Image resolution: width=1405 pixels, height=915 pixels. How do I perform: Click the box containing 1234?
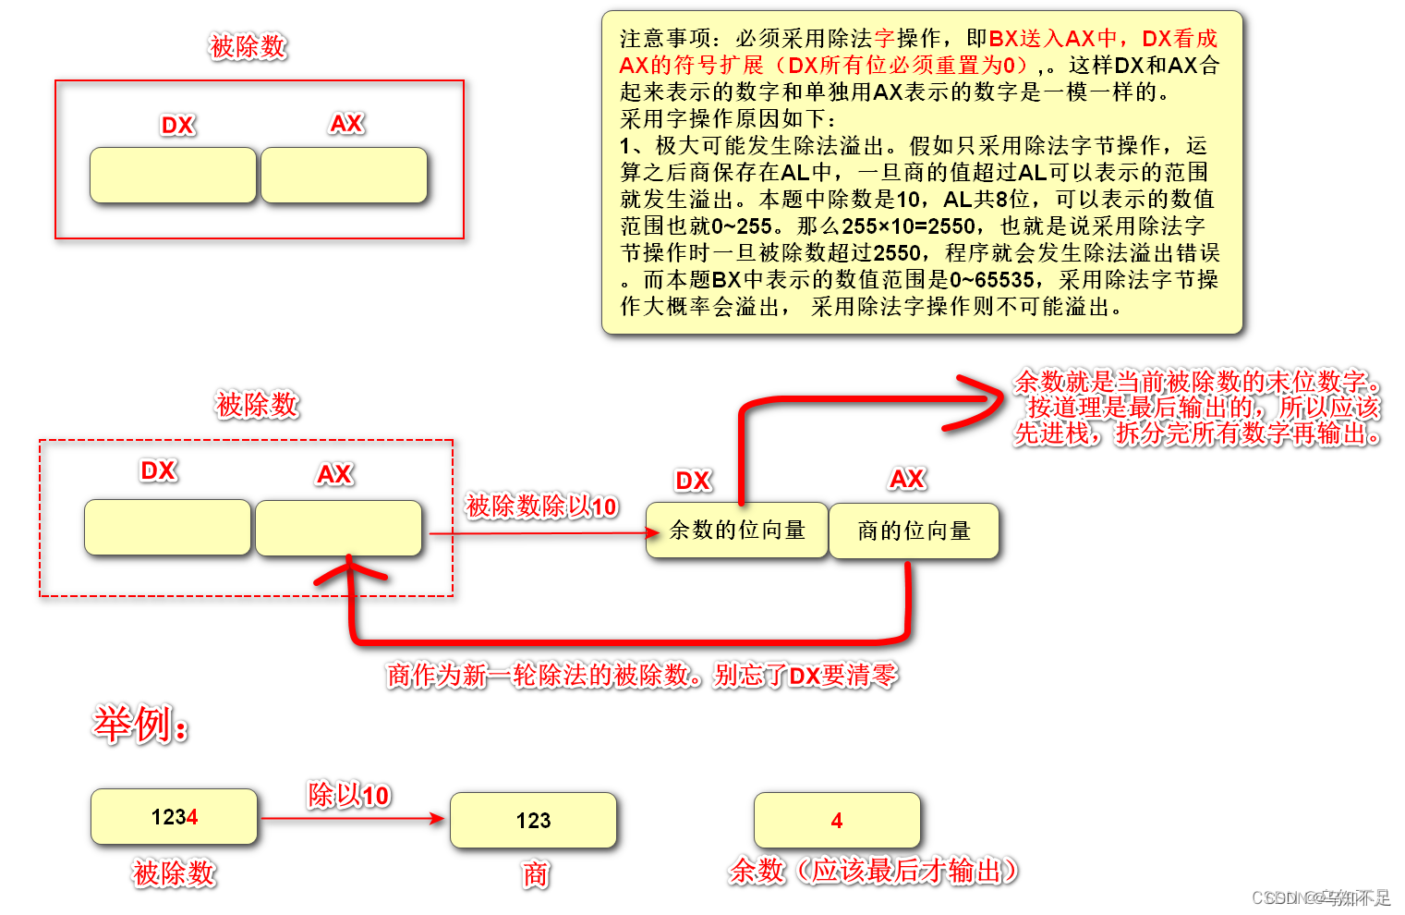point(174,816)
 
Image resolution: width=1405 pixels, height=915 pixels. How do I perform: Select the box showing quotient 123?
point(533,820)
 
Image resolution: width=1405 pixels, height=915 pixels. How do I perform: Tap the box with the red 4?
point(837,820)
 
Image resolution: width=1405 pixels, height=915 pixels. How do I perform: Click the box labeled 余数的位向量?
point(737,530)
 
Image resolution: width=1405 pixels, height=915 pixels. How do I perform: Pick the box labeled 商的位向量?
point(914,531)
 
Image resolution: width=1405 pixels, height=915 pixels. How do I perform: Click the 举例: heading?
point(140,725)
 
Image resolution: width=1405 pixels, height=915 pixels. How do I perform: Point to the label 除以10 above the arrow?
point(348,795)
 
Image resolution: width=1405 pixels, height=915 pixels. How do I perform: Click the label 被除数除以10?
point(541,506)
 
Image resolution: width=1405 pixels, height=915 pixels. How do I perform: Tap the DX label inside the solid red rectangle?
point(177,125)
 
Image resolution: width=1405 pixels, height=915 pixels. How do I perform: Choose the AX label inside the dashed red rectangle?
point(334,474)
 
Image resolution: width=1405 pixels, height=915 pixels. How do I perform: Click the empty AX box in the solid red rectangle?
point(344,175)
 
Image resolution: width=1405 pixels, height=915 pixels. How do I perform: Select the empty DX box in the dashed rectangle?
point(167,528)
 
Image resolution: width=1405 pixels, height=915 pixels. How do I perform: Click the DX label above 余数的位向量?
point(693,481)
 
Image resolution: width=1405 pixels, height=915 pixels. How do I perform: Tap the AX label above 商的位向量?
point(907,479)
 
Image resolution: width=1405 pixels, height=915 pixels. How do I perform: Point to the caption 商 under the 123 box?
point(535,873)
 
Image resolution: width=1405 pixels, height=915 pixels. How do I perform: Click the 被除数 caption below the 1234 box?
point(174,872)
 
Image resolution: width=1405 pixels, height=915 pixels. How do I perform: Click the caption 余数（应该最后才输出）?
point(873,870)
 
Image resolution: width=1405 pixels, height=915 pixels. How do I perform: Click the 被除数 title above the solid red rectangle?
point(248,46)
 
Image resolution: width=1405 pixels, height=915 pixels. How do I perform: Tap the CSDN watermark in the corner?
point(1321,897)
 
